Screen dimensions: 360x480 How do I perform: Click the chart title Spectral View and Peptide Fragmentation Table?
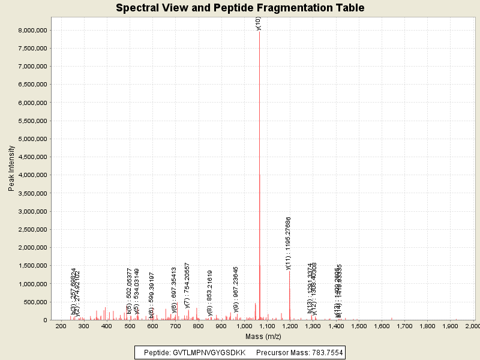tap(240, 8)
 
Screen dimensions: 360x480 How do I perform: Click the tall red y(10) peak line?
tap(259, 180)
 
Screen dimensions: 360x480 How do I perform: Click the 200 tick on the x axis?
tap(61, 326)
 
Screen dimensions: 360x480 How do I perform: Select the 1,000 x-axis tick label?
tap(244, 326)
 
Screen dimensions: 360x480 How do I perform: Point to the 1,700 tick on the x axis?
tap(404, 326)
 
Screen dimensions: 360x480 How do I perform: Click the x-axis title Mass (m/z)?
tap(263, 337)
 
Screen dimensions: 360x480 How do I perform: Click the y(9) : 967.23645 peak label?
tap(236, 290)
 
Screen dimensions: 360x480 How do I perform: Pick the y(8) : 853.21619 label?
tap(210, 293)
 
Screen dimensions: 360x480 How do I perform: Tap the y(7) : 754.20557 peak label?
tap(187, 285)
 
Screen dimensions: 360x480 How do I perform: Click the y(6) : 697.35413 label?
tap(175, 290)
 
